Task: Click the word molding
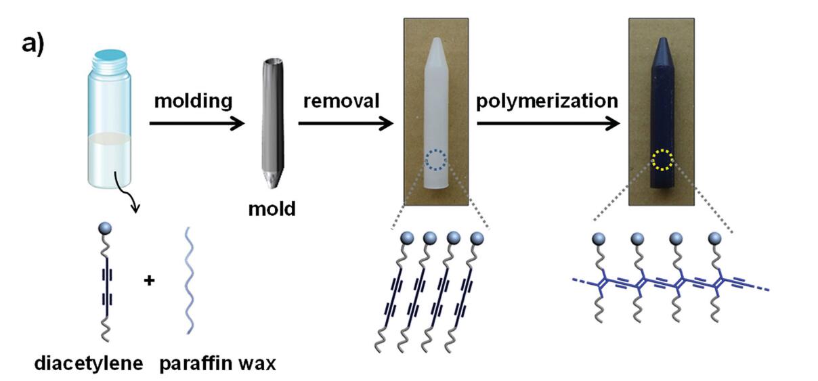[193, 102]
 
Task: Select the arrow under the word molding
[196, 123]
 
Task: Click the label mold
[271, 208]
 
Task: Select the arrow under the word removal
[345, 123]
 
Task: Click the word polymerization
[546, 102]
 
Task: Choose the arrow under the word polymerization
[548, 123]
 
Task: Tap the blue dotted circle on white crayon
[437, 160]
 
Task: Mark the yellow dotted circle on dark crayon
[662, 160]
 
